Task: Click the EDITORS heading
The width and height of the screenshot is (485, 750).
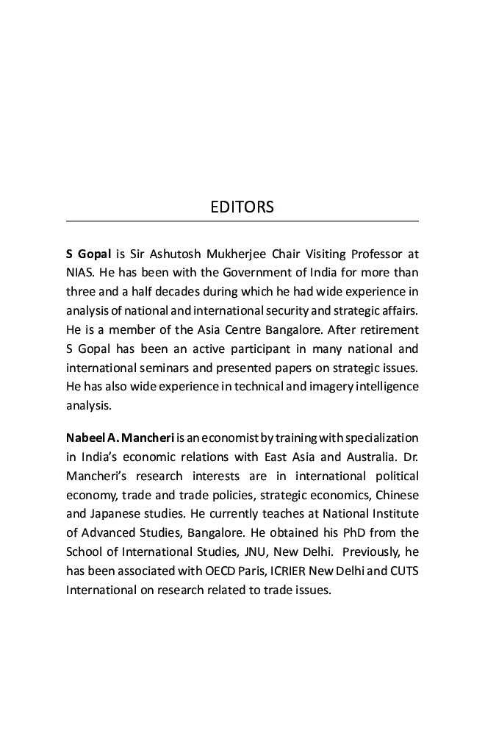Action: coord(242,207)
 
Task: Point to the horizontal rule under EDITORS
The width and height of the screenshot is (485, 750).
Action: coord(242,221)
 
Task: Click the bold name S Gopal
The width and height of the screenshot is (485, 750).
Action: coord(88,254)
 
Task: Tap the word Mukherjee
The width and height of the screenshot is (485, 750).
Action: coord(237,254)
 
